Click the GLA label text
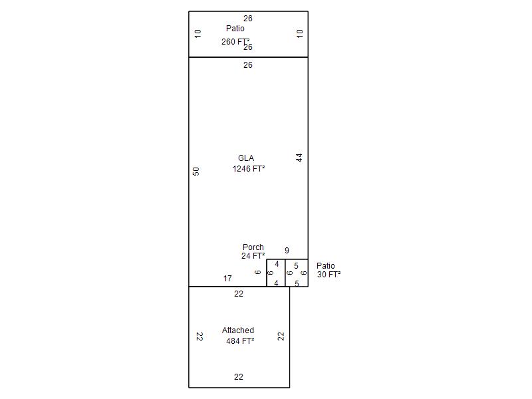[x=246, y=158]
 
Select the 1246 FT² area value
[x=249, y=169]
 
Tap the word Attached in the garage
[x=238, y=330]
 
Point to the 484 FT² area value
[x=240, y=340]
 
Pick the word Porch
[x=253, y=247]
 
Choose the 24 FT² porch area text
[x=253, y=256]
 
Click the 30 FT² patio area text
[x=329, y=274]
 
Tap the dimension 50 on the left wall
[x=196, y=172]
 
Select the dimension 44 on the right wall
[x=299, y=158]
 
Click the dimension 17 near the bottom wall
[x=227, y=279]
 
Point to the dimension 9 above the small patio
[x=287, y=251]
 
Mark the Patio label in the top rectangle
[x=235, y=29]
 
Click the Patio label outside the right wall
[x=326, y=265]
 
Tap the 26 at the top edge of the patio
[x=248, y=19]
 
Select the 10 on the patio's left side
[x=198, y=33]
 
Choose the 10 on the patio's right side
[x=299, y=33]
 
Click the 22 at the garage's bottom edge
[x=239, y=377]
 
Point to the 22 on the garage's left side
[x=199, y=336]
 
